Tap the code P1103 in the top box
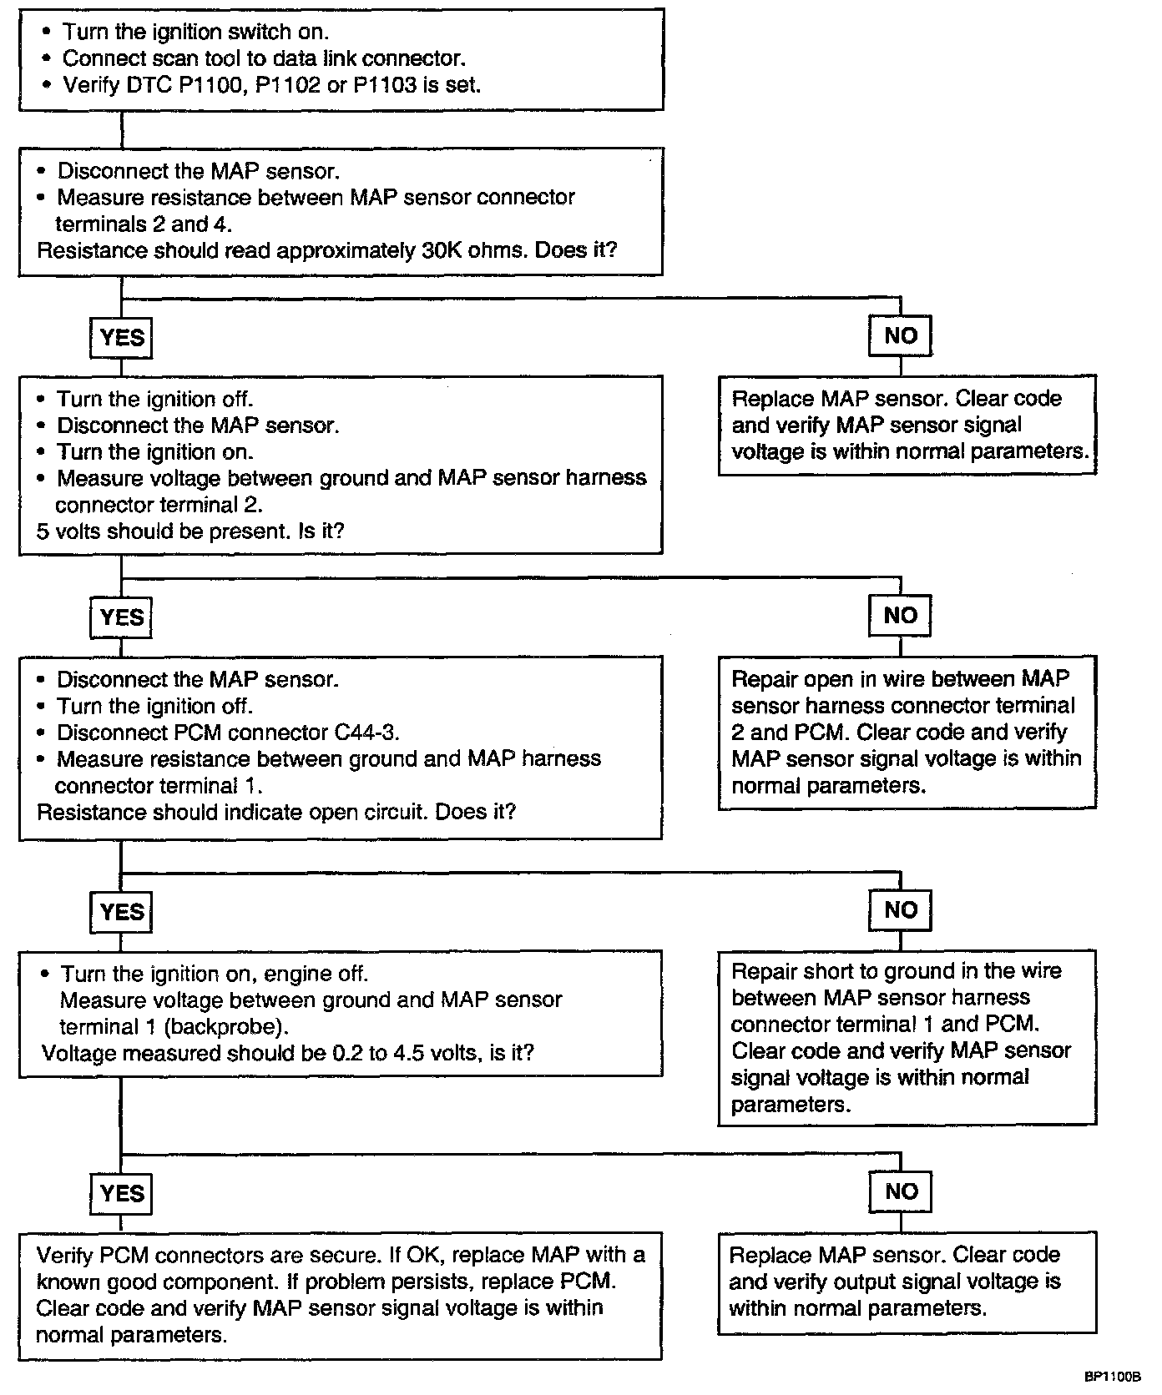pos(385,85)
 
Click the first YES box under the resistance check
pos(122,338)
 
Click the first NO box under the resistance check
pos(900,335)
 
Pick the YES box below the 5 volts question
pos(122,617)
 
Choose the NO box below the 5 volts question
pos(900,616)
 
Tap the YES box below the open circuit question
pos(122,912)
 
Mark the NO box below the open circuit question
pos(900,910)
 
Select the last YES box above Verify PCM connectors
pos(122,1194)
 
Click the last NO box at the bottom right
pos(900,1191)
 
